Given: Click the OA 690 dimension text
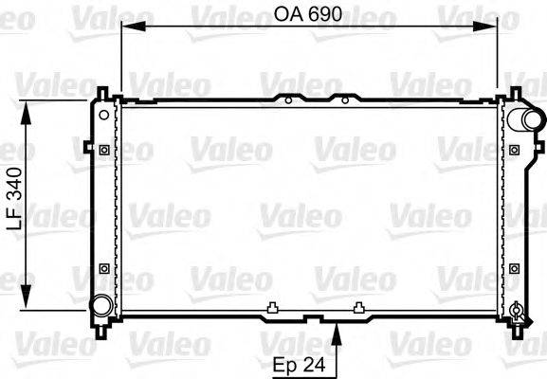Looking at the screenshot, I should tap(310, 15).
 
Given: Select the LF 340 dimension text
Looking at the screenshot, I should tap(14, 207).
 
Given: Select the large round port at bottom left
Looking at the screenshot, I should tap(100, 305).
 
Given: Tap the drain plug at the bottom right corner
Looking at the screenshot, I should tap(516, 309).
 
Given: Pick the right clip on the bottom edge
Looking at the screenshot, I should tap(358, 306).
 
